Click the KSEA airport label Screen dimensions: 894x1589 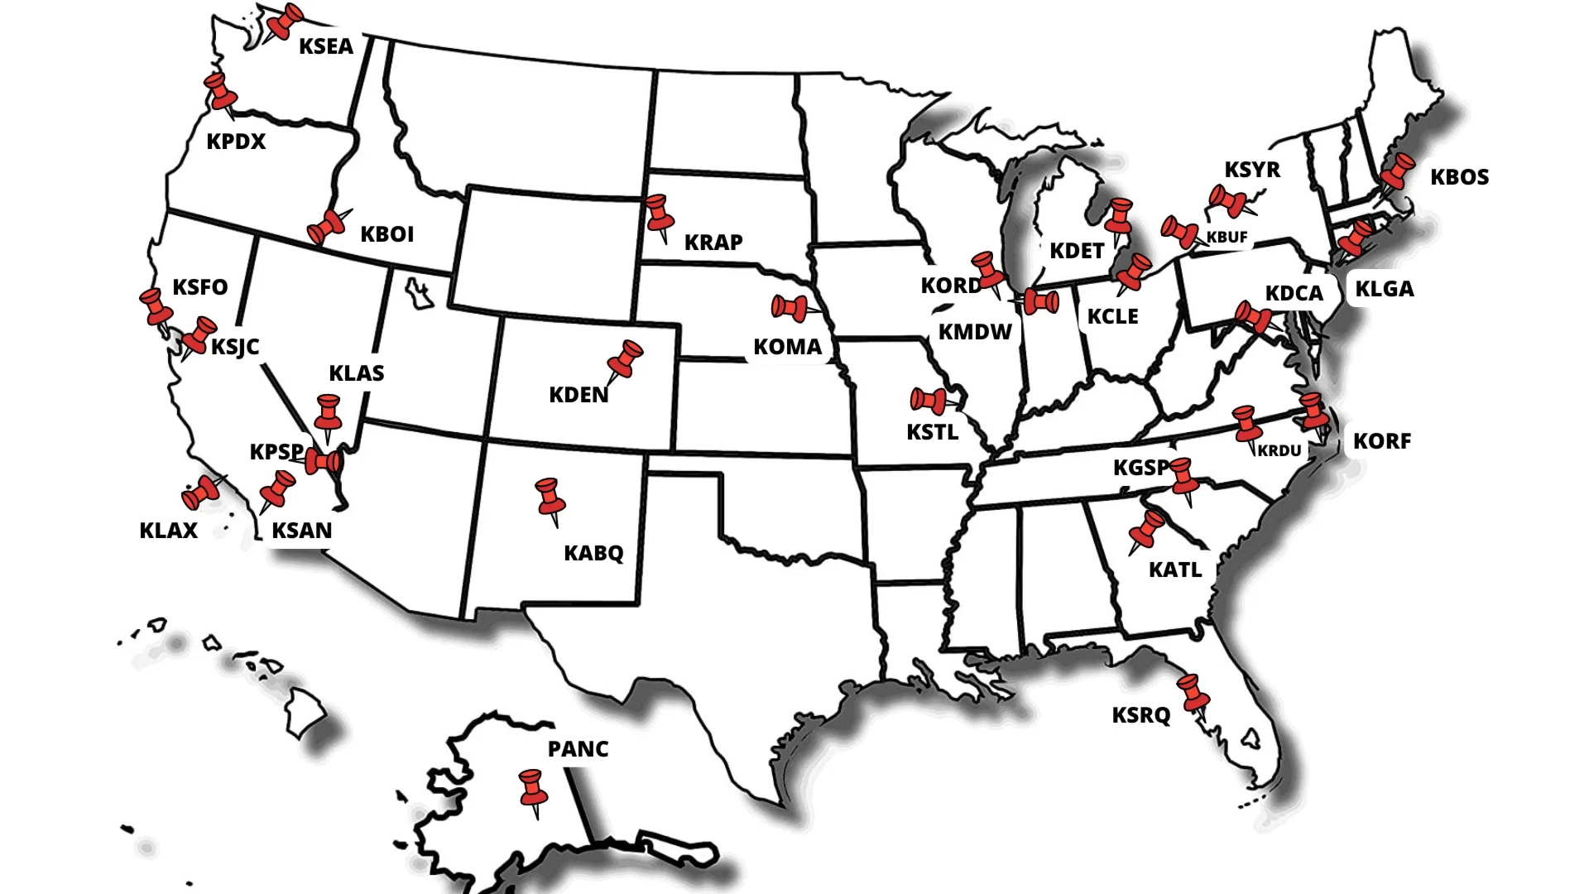[x=326, y=46]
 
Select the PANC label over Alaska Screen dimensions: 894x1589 [x=578, y=749]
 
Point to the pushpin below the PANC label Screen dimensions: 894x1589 [x=533, y=790]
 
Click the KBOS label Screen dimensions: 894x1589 [x=1459, y=177]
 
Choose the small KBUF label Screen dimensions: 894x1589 [x=1227, y=238]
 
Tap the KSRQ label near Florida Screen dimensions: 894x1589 [x=1140, y=715]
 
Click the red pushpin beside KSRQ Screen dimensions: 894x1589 [x=1193, y=693]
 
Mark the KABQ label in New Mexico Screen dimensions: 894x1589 [x=593, y=553]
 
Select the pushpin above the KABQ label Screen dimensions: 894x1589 [x=550, y=497]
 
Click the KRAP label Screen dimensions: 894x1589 [x=713, y=243]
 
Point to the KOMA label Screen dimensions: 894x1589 [x=787, y=347]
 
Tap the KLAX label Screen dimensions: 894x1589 [x=168, y=531]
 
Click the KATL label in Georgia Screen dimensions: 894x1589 [x=1174, y=570]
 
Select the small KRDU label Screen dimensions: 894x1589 [x=1279, y=451]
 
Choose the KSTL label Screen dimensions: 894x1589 [x=932, y=432]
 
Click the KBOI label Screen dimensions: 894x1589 [x=386, y=234]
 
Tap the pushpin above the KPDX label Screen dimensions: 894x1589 [x=219, y=90]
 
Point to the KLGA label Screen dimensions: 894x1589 [x=1384, y=290]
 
